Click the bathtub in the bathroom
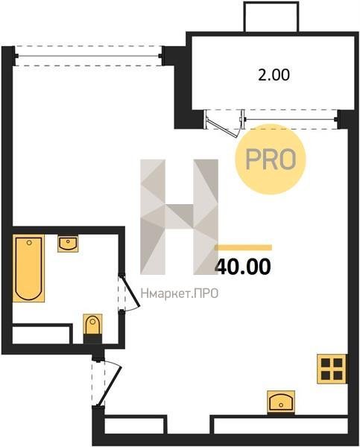tap(28, 268)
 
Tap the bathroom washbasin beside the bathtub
tap(68, 244)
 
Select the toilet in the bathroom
tap(92, 324)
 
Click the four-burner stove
tap(332, 369)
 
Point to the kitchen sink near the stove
tap(281, 402)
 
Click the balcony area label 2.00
tap(274, 75)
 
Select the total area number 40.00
tap(243, 267)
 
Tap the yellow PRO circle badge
tap(270, 159)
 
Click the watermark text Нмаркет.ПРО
tap(180, 294)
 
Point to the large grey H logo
tap(179, 217)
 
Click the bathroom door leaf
tap(130, 291)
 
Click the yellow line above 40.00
tap(243, 247)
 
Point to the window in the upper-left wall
tap(89, 56)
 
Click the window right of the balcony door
tap(291, 119)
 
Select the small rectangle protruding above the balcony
tap(271, 17)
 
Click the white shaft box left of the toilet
tap(41, 334)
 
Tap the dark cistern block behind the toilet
tap(92, 339)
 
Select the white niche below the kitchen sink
tap(281, 425)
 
